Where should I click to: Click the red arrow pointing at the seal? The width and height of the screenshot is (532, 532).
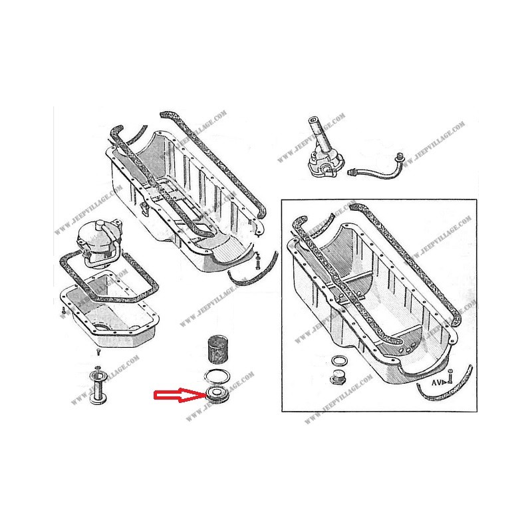click(x=176, y=396)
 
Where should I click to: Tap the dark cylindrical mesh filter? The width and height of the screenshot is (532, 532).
click(x=217, y=350)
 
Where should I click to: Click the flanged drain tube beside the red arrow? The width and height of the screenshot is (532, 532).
click(x=98, y=389)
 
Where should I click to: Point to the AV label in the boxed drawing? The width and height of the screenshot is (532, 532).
click(x=436, y=384)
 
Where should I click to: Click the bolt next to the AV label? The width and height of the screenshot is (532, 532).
click(x=450, y=377)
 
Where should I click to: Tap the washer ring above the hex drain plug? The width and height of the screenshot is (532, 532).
click(x=338, y=362)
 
